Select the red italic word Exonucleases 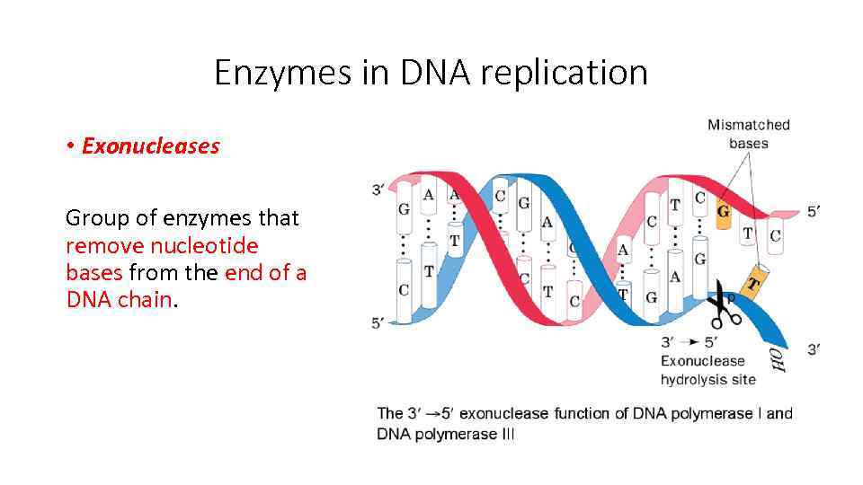(x=150, y=146)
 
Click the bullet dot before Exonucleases (x=70, y=146)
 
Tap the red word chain (x=144, y=299)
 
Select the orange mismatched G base (x=723, y=213)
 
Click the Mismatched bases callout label (x=748, y=134)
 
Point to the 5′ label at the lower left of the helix (x=379, y=322)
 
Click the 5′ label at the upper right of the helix (x=813, y=211)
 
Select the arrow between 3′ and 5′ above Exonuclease (x=690, y=342)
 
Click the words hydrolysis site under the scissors (x=707, y=379)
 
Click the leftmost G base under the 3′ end (x=405, y=208)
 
